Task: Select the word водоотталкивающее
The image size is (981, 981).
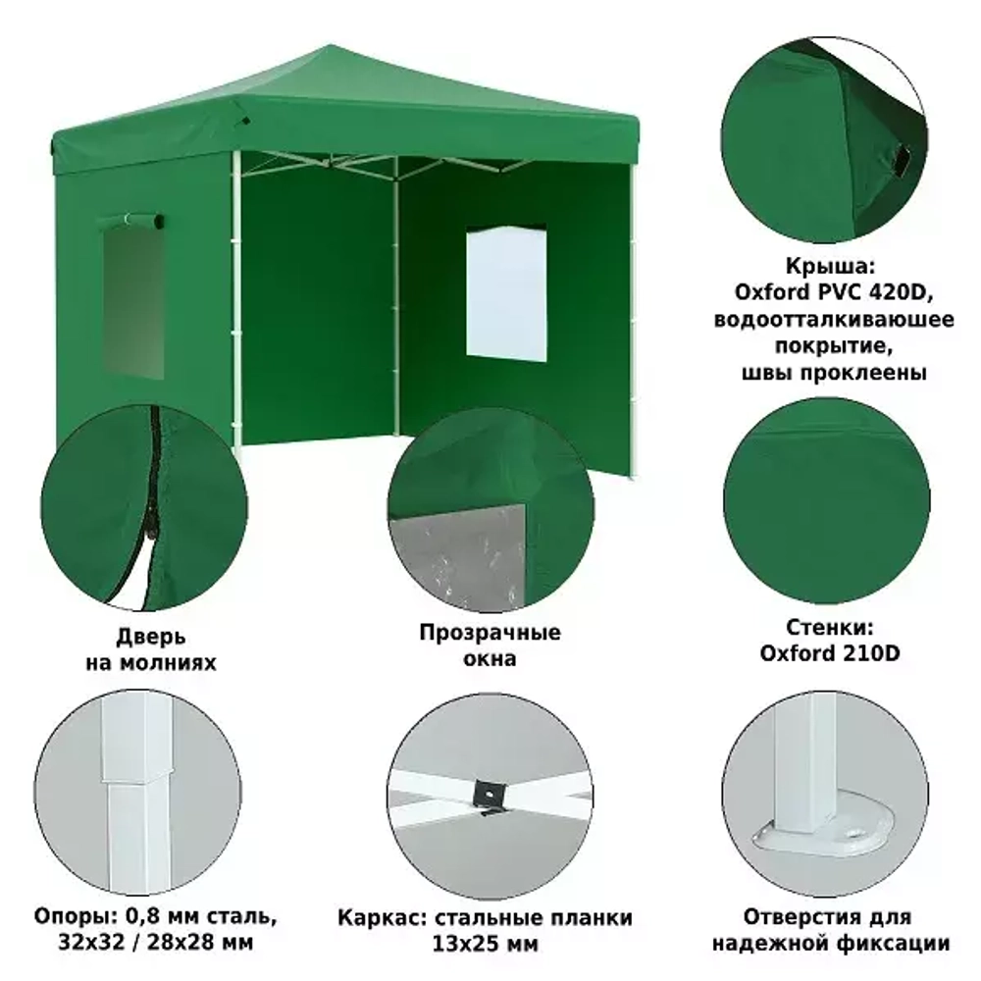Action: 834,319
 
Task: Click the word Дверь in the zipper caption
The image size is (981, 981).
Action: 151,637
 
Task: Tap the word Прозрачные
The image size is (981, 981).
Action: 490,632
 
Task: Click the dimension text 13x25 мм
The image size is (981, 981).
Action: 485,944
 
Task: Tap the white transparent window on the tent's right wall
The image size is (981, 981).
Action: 506,295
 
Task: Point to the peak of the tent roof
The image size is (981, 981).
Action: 331,46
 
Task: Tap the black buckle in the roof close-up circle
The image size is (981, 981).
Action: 903,160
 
